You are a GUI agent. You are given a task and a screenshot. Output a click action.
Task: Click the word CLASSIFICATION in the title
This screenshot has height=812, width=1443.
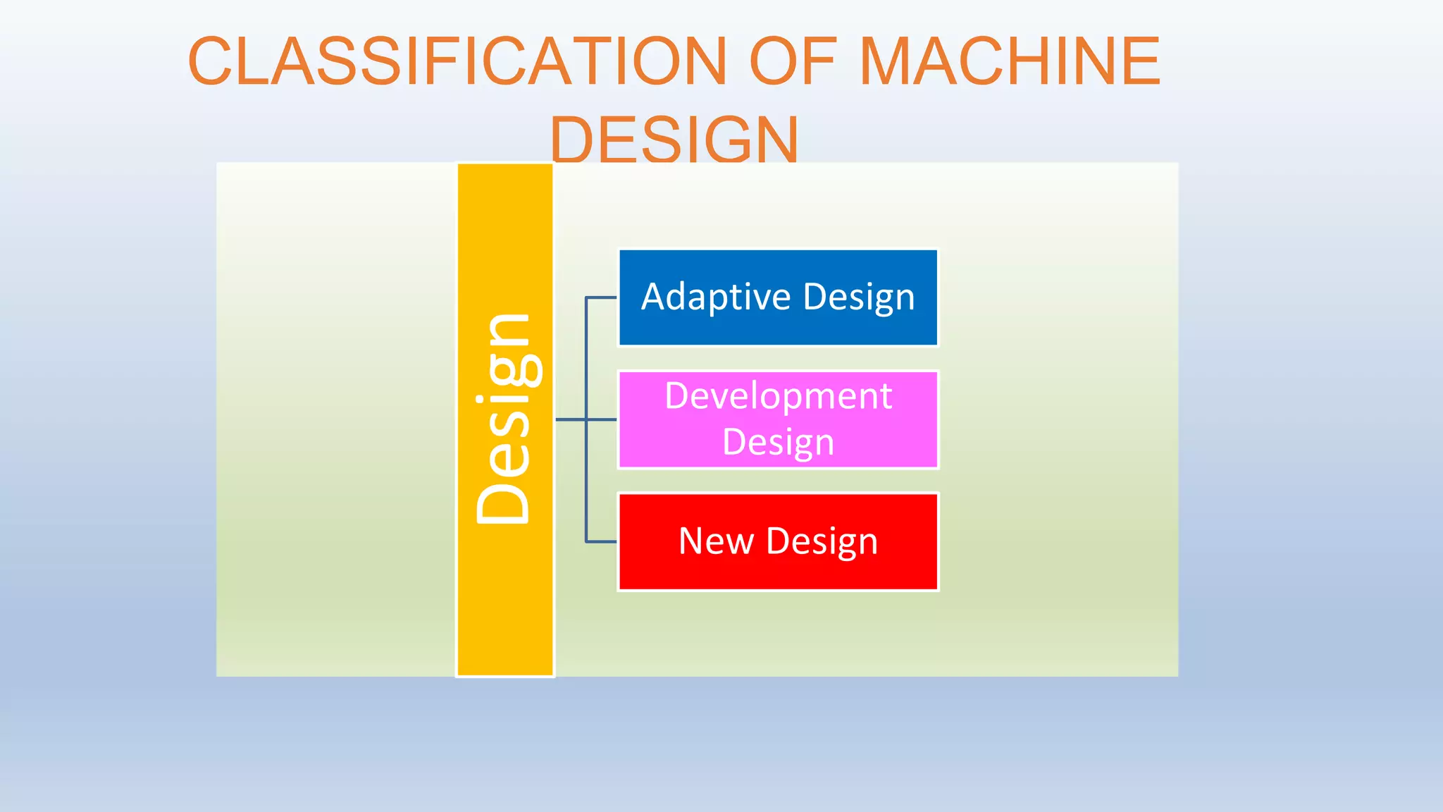coord(457,61)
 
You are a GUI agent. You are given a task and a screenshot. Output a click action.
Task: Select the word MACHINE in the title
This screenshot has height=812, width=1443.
coord(1010,61)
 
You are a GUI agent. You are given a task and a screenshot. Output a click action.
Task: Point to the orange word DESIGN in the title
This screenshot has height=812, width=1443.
coord(674,140)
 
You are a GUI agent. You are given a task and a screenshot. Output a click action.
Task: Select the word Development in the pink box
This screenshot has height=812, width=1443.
coord(778,395)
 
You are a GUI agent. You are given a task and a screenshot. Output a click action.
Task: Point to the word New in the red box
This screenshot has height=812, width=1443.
coord(715,541)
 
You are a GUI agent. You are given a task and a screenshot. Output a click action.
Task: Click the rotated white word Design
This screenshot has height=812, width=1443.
coord(504,419)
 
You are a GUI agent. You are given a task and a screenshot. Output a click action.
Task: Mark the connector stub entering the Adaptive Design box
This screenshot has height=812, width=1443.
coord(601,297)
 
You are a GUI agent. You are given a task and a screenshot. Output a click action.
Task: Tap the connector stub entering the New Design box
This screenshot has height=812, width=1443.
coord(601,541)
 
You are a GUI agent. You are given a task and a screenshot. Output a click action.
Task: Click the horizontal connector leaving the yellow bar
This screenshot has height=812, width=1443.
coord(570,419)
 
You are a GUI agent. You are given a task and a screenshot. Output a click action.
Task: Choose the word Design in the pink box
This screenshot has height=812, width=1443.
coord(778,443)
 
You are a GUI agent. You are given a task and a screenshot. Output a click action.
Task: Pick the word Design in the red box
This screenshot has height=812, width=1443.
coord(822,541)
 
